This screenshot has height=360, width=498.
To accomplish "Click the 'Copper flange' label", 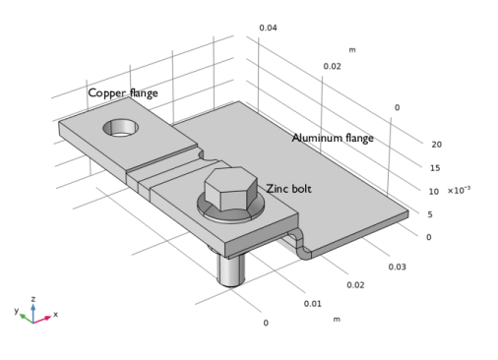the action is click(123, 93).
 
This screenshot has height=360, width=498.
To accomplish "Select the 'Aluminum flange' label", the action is click(333, 138).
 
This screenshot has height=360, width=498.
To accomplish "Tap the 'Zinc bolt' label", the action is click(288, 189).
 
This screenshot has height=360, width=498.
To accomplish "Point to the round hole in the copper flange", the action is click(120, 128).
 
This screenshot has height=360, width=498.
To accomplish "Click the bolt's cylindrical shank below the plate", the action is click(231, 269).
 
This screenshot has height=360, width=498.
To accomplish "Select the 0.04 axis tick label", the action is click(268, 28).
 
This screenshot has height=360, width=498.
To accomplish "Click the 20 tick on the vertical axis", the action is click(436, 145).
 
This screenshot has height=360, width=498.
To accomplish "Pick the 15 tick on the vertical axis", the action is click(435, 168).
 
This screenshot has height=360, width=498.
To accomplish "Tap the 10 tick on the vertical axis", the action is click(434, 192).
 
